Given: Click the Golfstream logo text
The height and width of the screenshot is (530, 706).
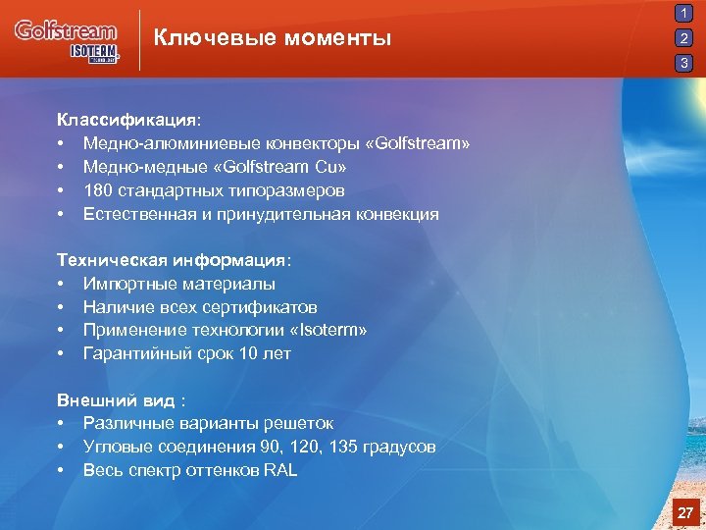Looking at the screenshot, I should coord(65,30).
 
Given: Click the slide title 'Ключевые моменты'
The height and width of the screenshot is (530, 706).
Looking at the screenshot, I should coord(273,38).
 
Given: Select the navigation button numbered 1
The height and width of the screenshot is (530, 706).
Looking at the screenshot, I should coord(684,14).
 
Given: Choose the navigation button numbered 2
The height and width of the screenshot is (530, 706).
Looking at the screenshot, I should coord(684,39).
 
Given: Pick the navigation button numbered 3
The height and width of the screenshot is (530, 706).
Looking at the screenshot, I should coord(684,64).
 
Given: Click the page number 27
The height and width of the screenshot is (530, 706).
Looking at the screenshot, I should coord(685,512).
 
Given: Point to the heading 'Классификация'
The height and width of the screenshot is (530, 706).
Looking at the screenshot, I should coord(126,120).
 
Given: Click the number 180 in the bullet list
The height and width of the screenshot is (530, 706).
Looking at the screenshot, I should coord(98,190).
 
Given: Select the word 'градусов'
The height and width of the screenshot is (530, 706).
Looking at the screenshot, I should coord(397,448).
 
